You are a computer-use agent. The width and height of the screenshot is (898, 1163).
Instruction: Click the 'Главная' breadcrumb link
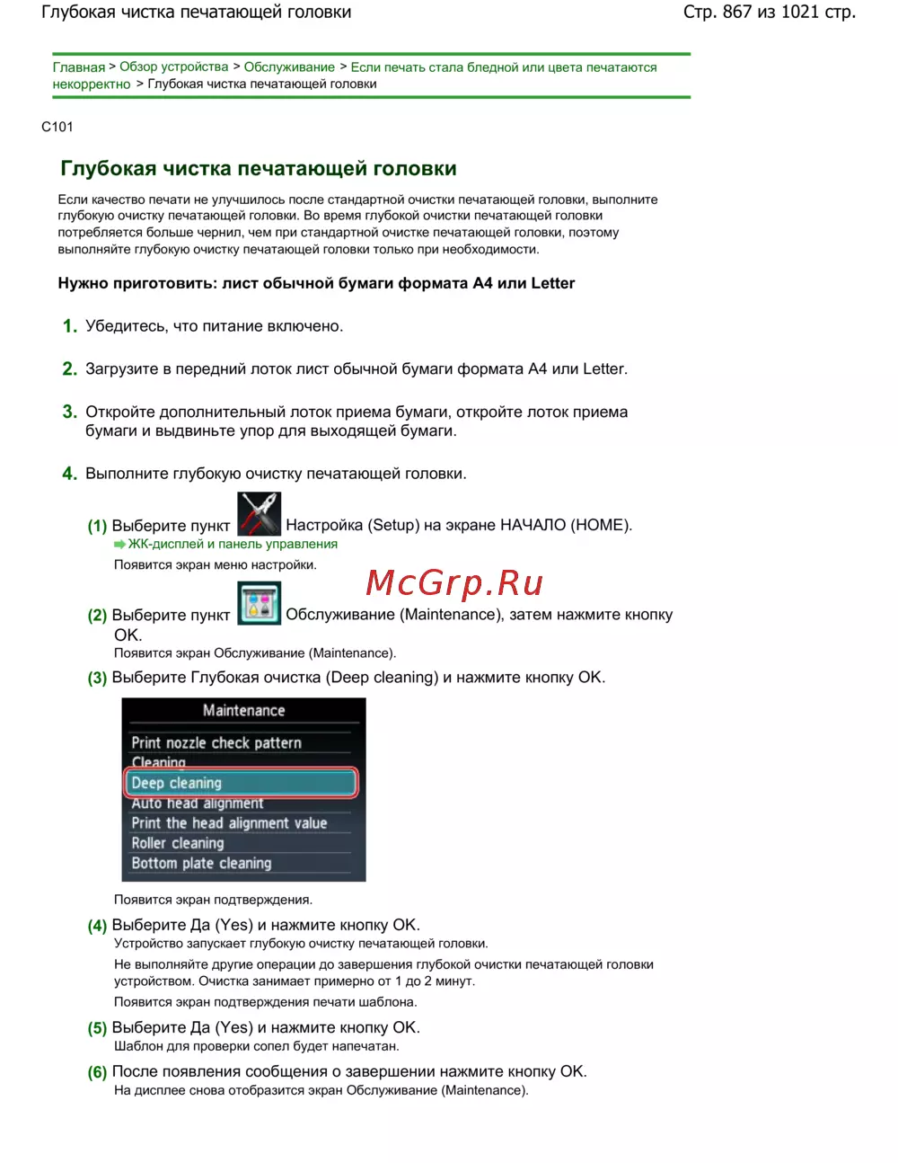coord(78,67)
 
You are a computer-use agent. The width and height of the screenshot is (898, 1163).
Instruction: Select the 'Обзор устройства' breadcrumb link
coord(174,67)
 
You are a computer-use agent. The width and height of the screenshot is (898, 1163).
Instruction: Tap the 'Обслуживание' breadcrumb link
coord(289,67)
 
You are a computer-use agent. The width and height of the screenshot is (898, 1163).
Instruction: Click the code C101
coord(57,127)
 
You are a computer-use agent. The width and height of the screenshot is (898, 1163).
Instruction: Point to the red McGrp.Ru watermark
coord(454,583)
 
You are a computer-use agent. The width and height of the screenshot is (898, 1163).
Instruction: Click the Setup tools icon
coord(259,514)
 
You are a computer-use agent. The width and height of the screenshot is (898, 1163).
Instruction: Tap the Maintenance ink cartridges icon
coord(259,603)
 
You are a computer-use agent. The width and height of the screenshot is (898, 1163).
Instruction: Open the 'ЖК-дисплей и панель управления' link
coord(233,544)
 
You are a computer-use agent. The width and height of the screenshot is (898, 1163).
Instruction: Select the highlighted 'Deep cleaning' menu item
coord(241,783)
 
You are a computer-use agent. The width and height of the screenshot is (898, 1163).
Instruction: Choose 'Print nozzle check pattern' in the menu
coord(216,742)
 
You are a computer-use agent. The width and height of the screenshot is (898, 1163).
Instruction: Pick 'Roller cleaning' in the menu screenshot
coord(178,843)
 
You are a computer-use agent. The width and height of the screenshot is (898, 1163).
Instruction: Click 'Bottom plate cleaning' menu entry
coord(201,863)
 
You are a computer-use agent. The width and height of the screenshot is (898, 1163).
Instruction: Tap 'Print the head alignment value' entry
coord(229,823)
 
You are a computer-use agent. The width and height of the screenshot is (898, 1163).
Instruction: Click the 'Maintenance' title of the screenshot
coord(243,710)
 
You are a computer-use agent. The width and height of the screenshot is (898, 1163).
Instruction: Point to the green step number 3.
coord(69,412)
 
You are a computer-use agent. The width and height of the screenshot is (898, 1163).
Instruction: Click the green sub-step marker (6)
coord(97,1072)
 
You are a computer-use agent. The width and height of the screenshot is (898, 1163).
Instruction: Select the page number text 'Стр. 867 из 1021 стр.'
coord(769,13)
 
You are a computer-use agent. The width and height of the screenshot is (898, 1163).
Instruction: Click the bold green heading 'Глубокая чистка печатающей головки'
coord(259,169)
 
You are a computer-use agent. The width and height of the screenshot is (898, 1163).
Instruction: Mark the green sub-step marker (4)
coord(97,926)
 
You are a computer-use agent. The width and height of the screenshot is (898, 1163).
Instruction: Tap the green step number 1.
coord(69,326)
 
